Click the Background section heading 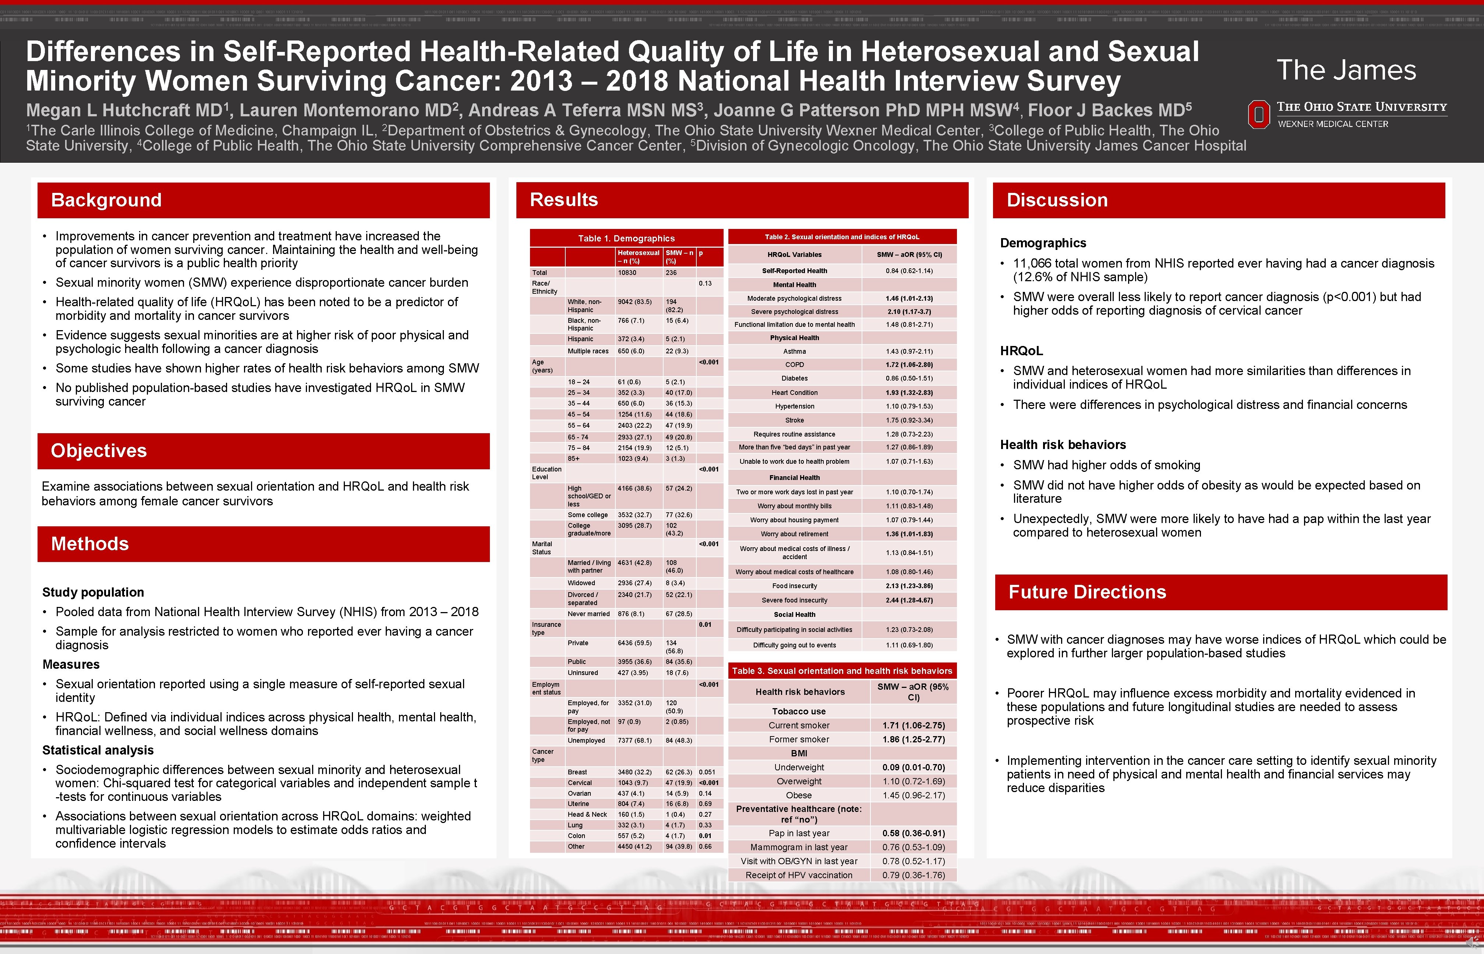106,200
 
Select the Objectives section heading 99,451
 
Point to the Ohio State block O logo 1258,114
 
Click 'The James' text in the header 1346,70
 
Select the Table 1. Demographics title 626,239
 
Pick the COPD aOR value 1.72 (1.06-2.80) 909,365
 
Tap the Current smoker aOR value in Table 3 914,725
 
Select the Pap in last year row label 799,833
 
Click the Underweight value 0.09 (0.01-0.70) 914,767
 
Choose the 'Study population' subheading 93,592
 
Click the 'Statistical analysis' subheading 98,750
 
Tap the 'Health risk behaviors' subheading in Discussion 1063,445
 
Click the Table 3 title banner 842,671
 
